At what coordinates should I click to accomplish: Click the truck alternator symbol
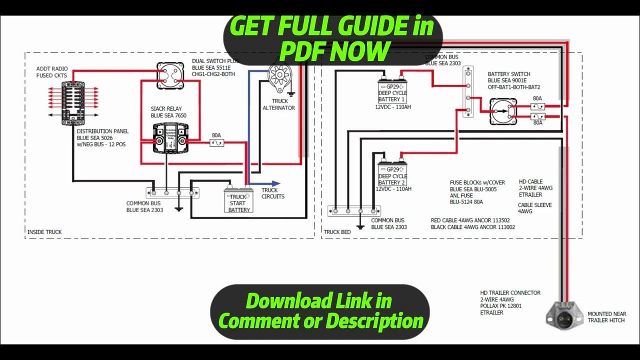point(278,75)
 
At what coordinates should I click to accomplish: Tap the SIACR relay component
point(171,138)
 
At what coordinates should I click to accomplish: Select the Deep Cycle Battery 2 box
point(392,174)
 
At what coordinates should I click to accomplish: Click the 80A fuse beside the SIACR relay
point(216,142)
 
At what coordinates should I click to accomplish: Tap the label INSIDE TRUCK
point(44,232)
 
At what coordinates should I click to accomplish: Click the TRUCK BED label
point(337,232)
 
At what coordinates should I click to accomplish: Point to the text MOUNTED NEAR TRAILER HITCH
point(606,317)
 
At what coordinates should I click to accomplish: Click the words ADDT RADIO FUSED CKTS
point(51,72)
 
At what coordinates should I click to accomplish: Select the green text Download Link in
point(319,301)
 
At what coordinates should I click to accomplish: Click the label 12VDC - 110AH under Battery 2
point(393,189)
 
